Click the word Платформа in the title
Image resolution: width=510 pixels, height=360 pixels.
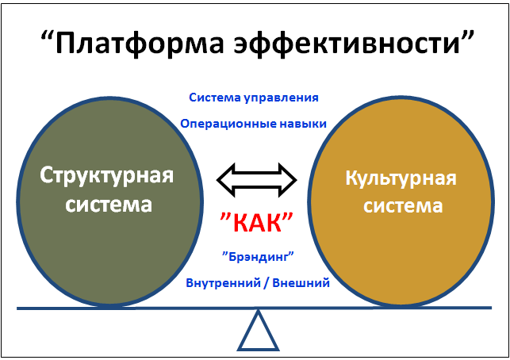click(x=140, y=42)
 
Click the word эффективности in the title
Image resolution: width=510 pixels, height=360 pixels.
click(x=347, y=42)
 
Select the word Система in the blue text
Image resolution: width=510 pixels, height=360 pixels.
click(x=215, y=98)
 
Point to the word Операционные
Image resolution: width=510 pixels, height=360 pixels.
click(x=228, y=124)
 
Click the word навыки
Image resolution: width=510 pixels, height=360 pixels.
click(x=302, y=124)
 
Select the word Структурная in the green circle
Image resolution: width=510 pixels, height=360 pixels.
click(x=107, y=175)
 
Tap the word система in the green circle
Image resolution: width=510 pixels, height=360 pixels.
click(x=109, y=205)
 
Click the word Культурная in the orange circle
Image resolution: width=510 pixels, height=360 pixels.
click(x=401, y=178)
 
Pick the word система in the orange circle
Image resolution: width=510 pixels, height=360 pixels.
click(x=403, y=206)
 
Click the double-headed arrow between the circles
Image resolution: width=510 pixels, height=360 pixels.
click(x=257, y=180)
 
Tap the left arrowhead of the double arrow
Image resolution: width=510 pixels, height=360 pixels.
click(x=226, y=180)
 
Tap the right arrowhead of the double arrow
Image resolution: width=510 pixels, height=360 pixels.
click(x=288, y=180)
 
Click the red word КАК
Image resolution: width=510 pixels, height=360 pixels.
click(x=257, y=223)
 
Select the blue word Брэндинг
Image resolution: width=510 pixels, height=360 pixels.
click(x=258, y=257)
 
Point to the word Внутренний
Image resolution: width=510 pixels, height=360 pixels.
click(x=224, y=283)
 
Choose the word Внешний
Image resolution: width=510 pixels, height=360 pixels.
click(x=301, y=283)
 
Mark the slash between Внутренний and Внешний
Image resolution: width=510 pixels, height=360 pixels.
click(x=267, y=283)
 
